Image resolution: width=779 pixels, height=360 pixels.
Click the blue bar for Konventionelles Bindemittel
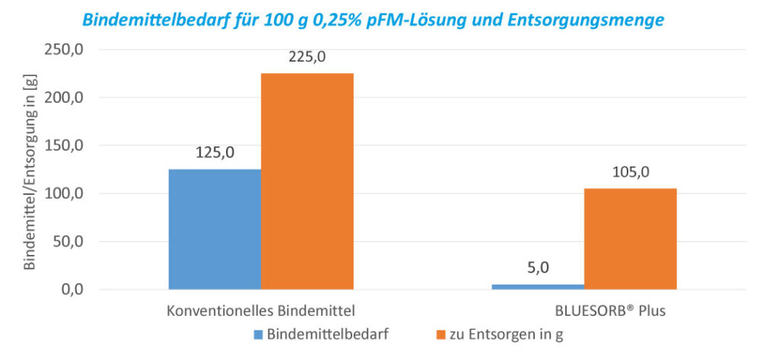215,229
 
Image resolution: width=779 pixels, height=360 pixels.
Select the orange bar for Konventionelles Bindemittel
307,181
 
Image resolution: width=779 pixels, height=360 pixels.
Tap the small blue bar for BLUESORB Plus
538,286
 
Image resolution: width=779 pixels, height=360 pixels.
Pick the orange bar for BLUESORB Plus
630,239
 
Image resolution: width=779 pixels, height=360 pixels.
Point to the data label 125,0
215,152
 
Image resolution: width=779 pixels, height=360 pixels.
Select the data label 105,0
631,172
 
